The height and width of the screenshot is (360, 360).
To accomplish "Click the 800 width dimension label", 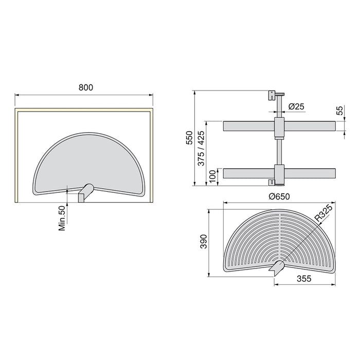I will coord(85,87).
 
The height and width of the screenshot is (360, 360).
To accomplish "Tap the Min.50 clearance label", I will coord(62,218).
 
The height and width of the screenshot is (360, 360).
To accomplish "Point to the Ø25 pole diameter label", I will coord(297,106).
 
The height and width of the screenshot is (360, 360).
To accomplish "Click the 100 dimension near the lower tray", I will coord(212,175).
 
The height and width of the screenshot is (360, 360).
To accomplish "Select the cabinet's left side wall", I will coord(17,154).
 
